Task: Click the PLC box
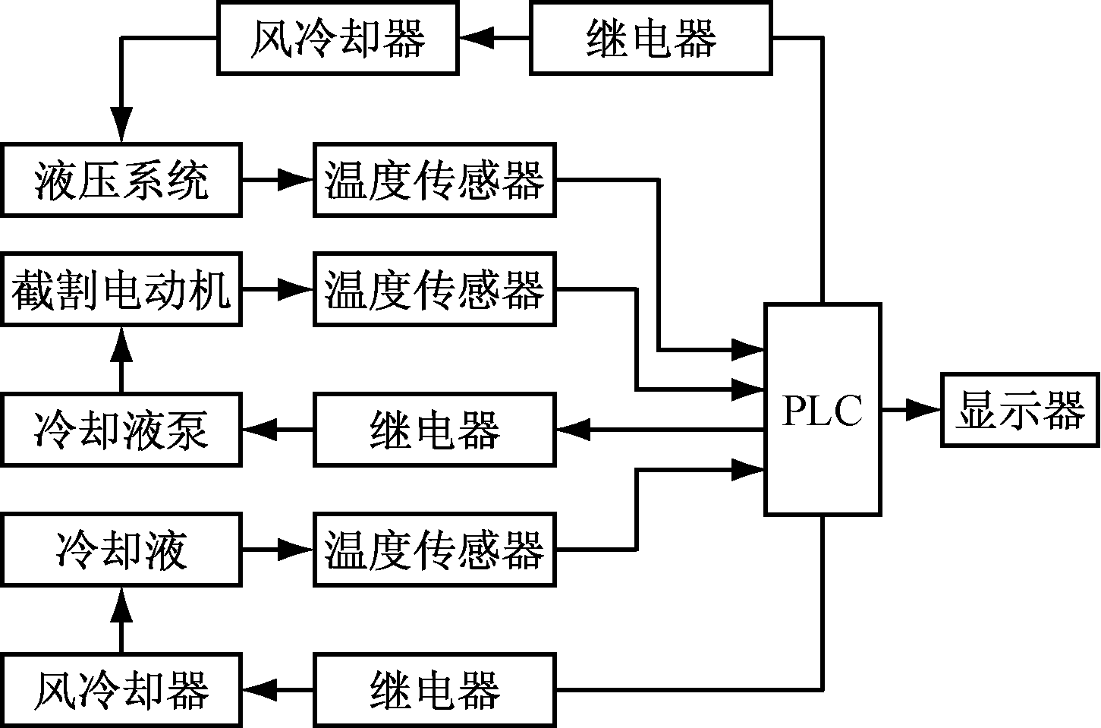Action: click(823, 409)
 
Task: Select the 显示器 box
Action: click(1020, 409)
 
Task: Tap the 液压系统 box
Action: click(121, 180)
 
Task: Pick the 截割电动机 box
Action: click(121, 289)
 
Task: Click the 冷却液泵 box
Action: click(121, 430)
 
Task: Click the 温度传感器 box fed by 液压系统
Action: click(434, 180)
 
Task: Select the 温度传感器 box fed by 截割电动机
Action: click(434, 289)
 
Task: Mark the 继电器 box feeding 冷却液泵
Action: click(434, 430)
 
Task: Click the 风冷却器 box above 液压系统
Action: click(338, 37)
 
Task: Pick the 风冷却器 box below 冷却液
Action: click(121, 689)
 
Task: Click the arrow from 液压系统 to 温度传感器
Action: click(278, 180)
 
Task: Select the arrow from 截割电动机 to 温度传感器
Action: click(278, 289)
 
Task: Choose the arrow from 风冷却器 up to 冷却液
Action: click(121, 619)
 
